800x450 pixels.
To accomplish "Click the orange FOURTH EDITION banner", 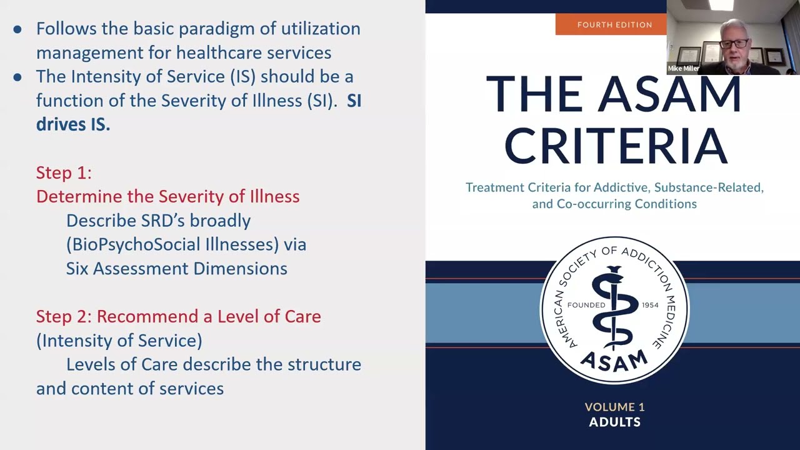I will pyautogui.click(x=614, y=25).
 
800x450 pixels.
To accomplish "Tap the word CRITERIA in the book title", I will pyautogui.click(x=615, y=146).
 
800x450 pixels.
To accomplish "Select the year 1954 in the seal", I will pyautogui.click(x=650, y=305).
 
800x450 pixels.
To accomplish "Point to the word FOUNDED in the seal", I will pyautogui.click(x=586, y=305).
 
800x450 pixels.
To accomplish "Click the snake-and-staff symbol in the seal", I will pyautogui.click(x=614, y=306).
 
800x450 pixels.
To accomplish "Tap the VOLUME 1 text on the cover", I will pyautogui.click(x=614, y=407).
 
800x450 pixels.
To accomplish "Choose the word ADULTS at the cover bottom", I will pyautogui.click(x=614, y=422).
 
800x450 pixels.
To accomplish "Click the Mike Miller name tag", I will pyautogui.click(x=683, y=69).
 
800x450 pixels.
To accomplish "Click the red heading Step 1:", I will pyautogui.click(x=64, y=172).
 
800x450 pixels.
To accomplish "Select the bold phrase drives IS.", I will pyautogui.click(x=73, y=124).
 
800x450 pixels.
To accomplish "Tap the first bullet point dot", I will pyautogui.click(x=17, y=29).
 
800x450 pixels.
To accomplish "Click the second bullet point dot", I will pyautogui.click(x=17, y=77).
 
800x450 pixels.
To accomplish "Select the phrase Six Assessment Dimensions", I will pyautogui.click(x=177, y=269).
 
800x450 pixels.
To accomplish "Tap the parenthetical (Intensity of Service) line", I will pyautogui.click(x=119, y=341).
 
